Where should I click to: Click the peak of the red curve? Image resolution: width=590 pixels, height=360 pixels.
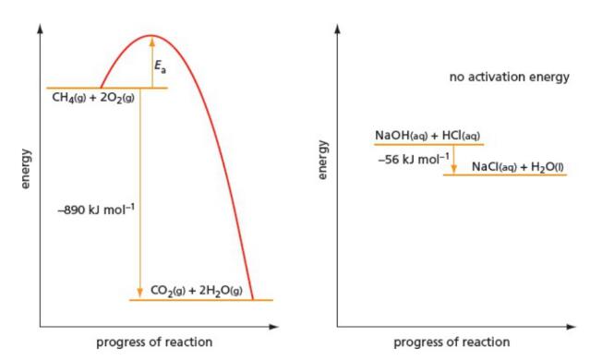(151, 37)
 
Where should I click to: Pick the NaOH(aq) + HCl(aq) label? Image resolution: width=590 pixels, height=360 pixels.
(427, 136)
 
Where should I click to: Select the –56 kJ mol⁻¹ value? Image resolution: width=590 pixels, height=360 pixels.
(414, 159)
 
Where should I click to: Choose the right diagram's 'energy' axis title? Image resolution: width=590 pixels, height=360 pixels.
(323, 159)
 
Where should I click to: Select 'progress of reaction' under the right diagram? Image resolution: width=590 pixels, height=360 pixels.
(452, 343)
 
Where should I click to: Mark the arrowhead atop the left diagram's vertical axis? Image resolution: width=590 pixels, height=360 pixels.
(40, 28)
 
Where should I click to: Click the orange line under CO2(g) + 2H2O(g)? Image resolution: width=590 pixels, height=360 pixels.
(201, 300)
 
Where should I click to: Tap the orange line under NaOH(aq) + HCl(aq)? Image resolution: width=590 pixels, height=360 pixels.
(428, 145)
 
